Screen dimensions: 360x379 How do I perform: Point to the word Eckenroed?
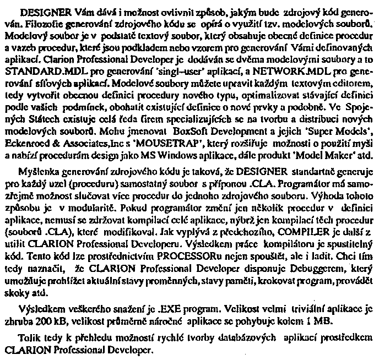click(25, 141)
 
